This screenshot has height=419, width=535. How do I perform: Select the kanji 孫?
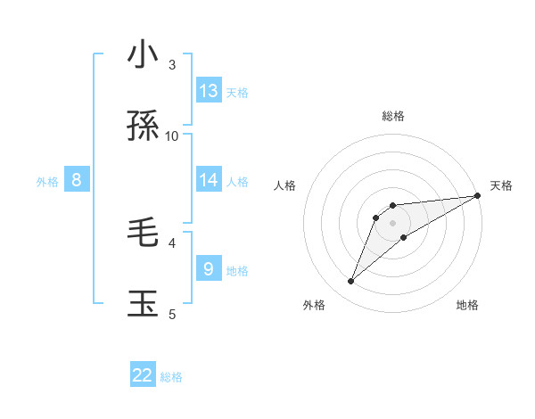(143, 127)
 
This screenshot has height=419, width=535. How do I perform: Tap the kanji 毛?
(143, 234)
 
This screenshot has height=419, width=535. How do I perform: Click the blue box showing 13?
(209, 90)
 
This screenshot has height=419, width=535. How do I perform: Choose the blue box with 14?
(209, 180)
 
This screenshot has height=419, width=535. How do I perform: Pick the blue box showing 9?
(209, 269)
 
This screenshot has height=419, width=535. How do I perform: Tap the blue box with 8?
(77, 180)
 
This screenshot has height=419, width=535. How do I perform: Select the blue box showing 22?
(143, 375)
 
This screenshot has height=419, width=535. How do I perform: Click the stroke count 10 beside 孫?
(172, 136)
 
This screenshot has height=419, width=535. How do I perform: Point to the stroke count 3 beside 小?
(172, 64)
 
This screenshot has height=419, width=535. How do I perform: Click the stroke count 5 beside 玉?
(172, 314)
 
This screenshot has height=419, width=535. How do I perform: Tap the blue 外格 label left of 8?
(47, 181)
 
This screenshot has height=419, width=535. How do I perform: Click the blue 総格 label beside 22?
(171, 377)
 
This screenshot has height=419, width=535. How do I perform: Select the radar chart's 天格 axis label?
(501, 185)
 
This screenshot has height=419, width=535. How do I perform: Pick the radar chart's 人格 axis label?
(284, 185)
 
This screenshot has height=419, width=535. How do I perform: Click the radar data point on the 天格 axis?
(477, 195)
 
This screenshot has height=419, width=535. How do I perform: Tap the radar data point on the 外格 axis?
(351, 282)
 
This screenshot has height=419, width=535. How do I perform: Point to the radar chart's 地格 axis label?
(467, 305)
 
